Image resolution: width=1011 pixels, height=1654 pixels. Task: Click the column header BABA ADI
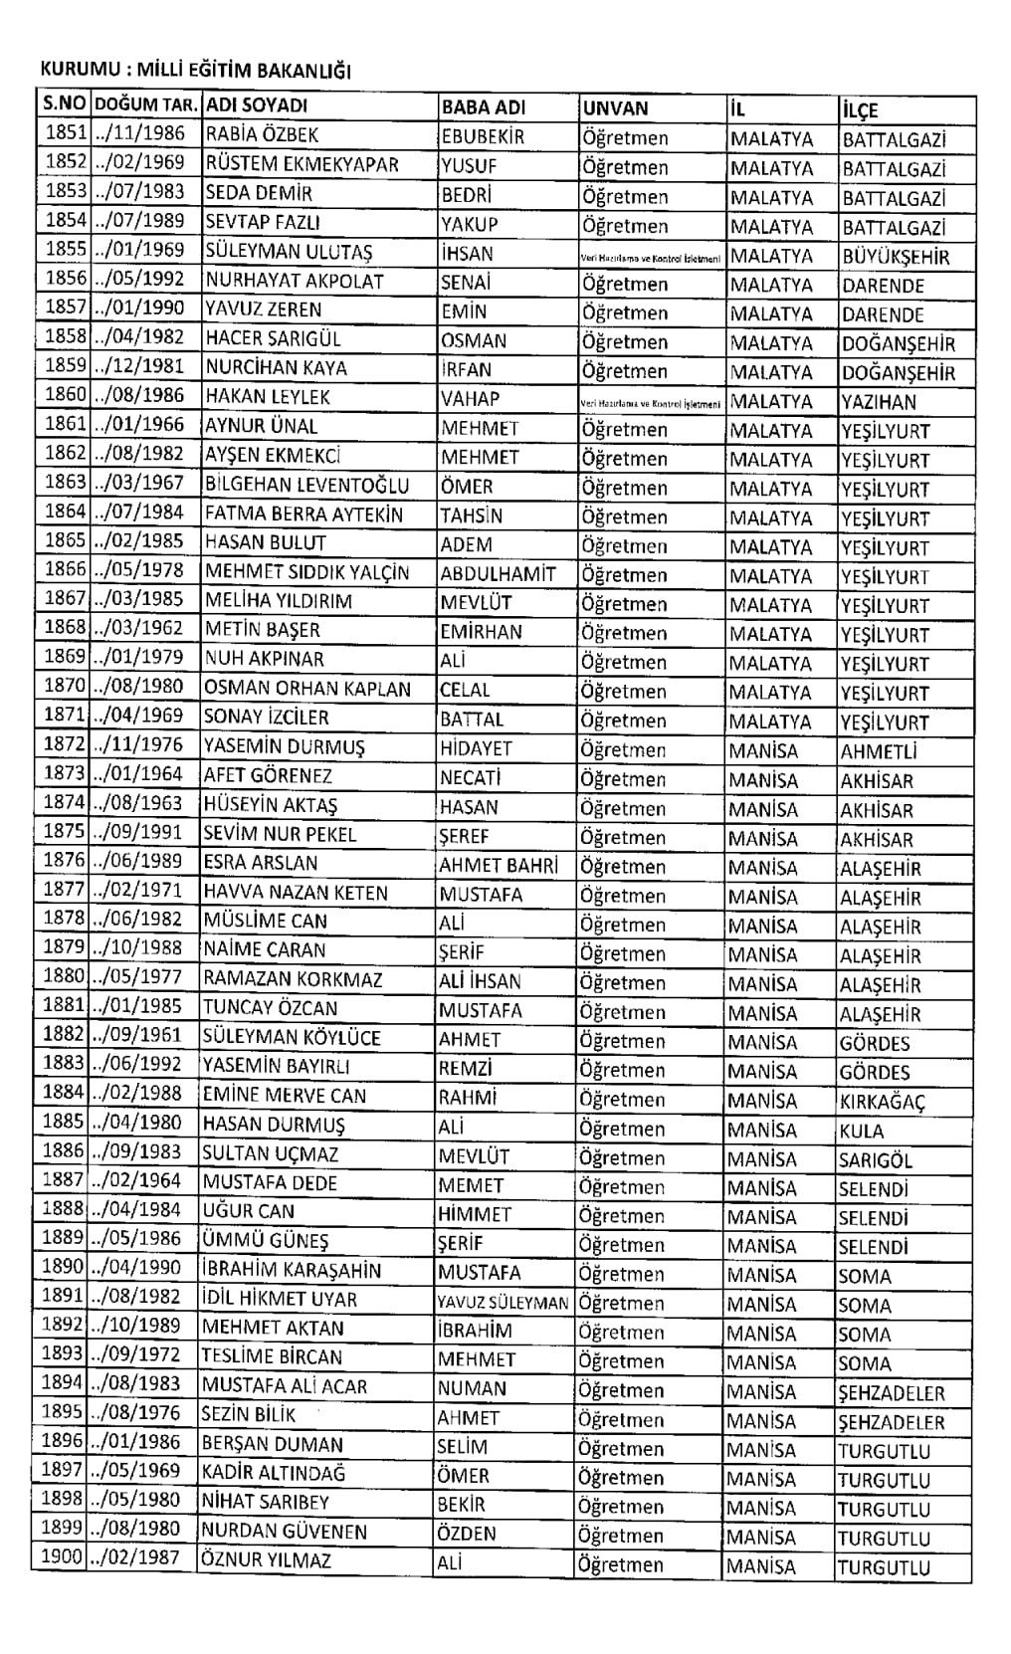(483, 107)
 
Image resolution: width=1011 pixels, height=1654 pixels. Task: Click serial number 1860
(66, 395)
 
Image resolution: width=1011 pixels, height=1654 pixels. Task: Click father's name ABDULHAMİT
(498, 574)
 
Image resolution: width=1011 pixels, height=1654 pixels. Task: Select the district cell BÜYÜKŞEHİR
(896, 257)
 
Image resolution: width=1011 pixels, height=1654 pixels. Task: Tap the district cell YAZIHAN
(879, 402)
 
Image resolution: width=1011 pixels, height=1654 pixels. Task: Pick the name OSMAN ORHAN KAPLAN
(306, 689)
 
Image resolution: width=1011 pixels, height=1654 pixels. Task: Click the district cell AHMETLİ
(878, 751)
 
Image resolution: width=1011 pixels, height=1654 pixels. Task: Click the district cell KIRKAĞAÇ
(882, 1103)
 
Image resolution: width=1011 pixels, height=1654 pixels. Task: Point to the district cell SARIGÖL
(875, 1160)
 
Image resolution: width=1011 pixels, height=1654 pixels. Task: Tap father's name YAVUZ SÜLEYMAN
(503, 1303)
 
